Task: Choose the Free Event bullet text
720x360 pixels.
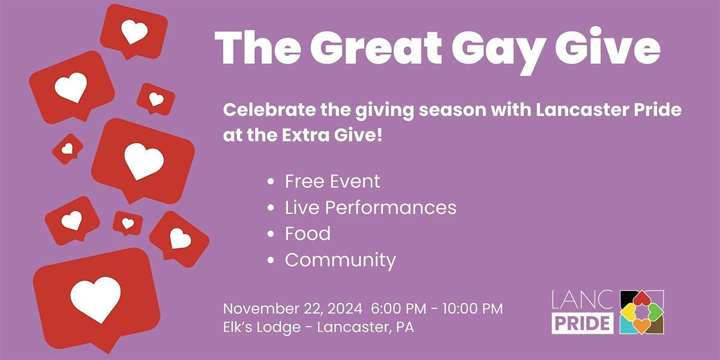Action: (x=332, y=181)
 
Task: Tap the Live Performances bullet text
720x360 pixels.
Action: (x=370, y=208)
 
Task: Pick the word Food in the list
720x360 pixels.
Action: (x=307, y=233)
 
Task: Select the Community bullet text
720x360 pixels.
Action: (x=340, y=260)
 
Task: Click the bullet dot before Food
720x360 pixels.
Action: (x=272, y=234)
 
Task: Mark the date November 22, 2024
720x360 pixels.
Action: (x=292, y=309)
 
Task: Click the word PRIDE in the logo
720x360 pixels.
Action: (x=582, y=322)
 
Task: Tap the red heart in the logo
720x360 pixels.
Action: (x=642, y=298)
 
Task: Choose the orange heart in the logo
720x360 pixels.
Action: (x=642, y=325)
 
